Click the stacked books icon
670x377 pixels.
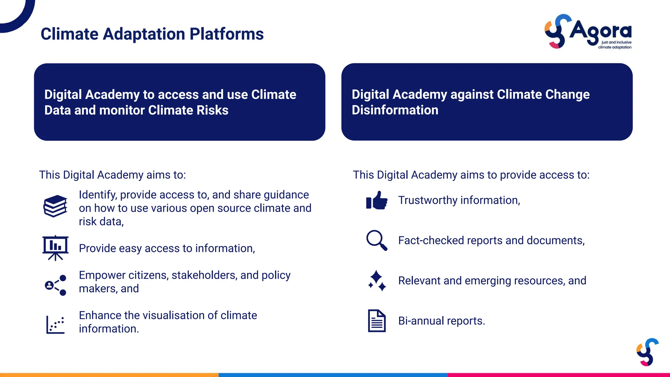point(55,206)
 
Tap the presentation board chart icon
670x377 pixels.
point(55,248)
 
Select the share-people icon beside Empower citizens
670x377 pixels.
point(55,285)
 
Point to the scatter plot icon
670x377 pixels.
point(55,324)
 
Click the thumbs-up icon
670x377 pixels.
point(377,200)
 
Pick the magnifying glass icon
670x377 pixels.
point(377,241)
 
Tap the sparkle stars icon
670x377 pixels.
point(377,280)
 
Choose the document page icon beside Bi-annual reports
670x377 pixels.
point(377,321)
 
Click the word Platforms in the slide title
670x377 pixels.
point(226,34)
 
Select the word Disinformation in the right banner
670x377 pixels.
point(395,110)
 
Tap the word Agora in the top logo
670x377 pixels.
point(600,31)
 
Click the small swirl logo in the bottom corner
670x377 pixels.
point(647,352)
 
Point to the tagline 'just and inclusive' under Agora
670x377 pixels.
point(616,42)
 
